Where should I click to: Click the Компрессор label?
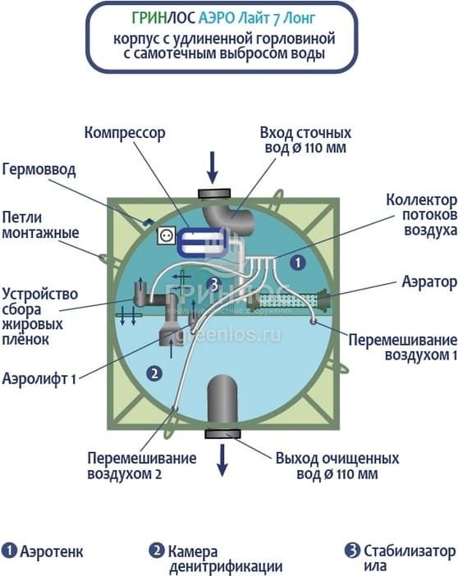(x=125, y=133)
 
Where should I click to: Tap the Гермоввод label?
(x=39, y=170)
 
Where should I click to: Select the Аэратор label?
(x=429, y=282)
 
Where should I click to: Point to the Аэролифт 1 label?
(x=39, y=378)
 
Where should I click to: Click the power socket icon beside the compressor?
(x=164, y=235)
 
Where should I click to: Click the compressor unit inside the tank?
(x=201, y=241)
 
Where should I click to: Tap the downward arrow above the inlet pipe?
(x=212, y=167)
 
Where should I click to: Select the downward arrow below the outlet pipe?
(x=222, y=460)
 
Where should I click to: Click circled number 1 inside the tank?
(x=298, y=263)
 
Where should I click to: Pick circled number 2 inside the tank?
(x=154, y=373)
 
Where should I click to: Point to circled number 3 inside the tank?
(x=213, y=284)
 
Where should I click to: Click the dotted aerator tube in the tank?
(x=289, y=300)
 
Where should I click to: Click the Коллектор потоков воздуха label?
(x=422, y=215)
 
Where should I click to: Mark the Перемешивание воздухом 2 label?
(x=142, y=466)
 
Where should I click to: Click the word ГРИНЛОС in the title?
(x=163, y=18)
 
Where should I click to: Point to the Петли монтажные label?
(x=40, y=225)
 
